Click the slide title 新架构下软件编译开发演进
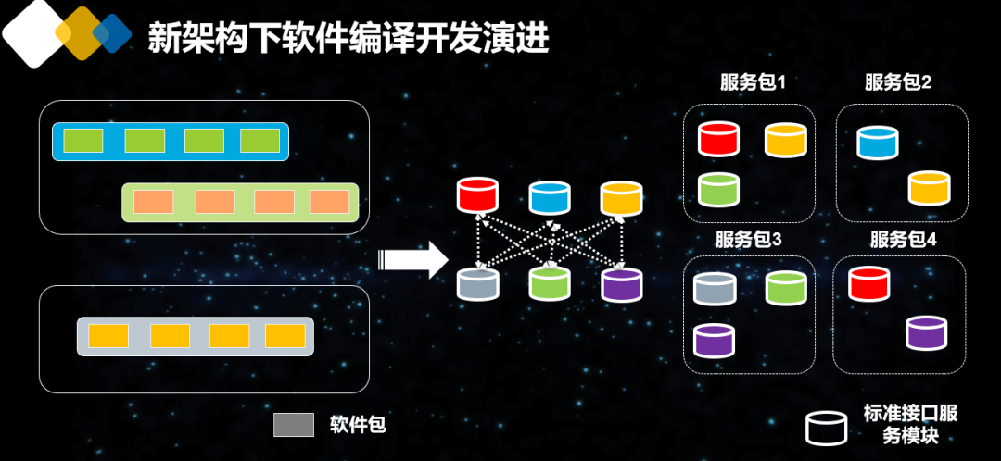(348, 38)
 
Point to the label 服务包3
(749, 240)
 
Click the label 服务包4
(903, 240)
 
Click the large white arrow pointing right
(415, 260)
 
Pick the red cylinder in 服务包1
(719, 139)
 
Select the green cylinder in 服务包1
(719, 189)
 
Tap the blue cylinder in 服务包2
(878, 143)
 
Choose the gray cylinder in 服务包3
(715, 289)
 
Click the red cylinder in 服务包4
(869, 282)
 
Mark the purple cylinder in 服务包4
(926, 332)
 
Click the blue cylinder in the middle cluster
(550, 197)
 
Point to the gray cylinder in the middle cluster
(478, 283)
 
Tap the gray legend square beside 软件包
(295, 425)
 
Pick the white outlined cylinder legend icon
(826, 426)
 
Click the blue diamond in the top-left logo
(113, 33)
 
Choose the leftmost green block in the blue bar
(82, 141)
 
